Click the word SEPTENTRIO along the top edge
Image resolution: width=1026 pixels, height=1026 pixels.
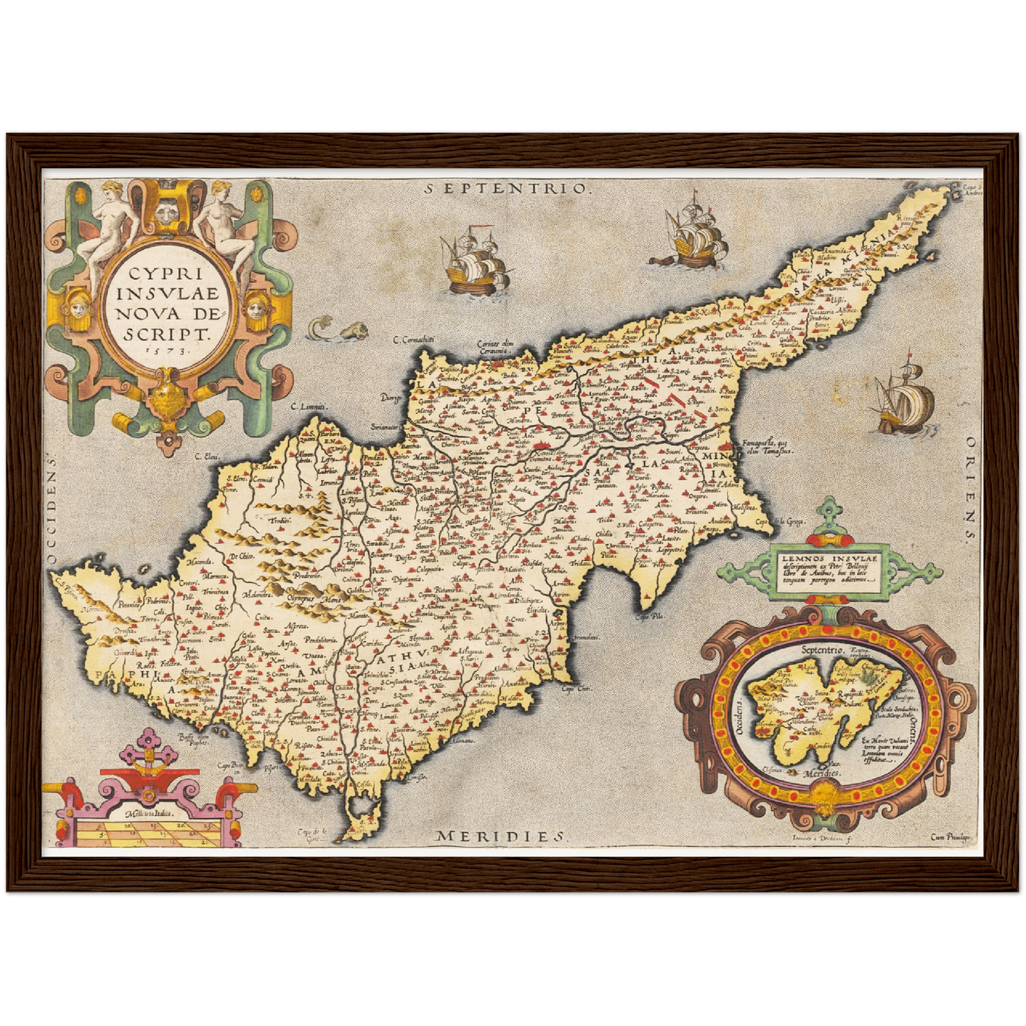point(507,189)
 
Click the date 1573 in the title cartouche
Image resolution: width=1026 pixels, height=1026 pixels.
point(163,349)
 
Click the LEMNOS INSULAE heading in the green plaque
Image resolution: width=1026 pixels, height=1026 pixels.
point(830,559)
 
